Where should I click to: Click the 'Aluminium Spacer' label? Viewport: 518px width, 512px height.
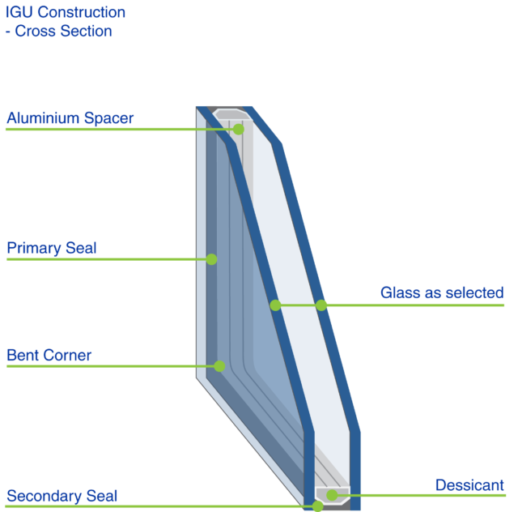pos(70,118)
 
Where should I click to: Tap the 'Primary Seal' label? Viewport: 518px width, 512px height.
pos(51,248)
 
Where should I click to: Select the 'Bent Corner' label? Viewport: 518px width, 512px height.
pos(49,355)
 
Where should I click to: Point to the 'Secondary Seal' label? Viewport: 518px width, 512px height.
pos(62,495)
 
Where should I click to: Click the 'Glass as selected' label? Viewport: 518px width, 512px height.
pos(442,292)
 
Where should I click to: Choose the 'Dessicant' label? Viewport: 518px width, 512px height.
pos(469,485)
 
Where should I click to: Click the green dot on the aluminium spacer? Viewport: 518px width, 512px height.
pos(238,129)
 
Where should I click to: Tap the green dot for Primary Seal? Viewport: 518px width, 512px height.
pos(211,259)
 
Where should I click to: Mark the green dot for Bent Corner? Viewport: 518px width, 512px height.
pos(219,366)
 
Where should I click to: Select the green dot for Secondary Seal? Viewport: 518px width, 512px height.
pos(317,506)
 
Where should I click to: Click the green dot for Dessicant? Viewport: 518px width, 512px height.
pos(332,495)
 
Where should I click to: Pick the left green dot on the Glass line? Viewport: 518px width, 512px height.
pos(275,305)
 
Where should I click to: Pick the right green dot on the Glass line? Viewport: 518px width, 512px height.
pos(321,305)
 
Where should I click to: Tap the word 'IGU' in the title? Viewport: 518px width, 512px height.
pos(19,13)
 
